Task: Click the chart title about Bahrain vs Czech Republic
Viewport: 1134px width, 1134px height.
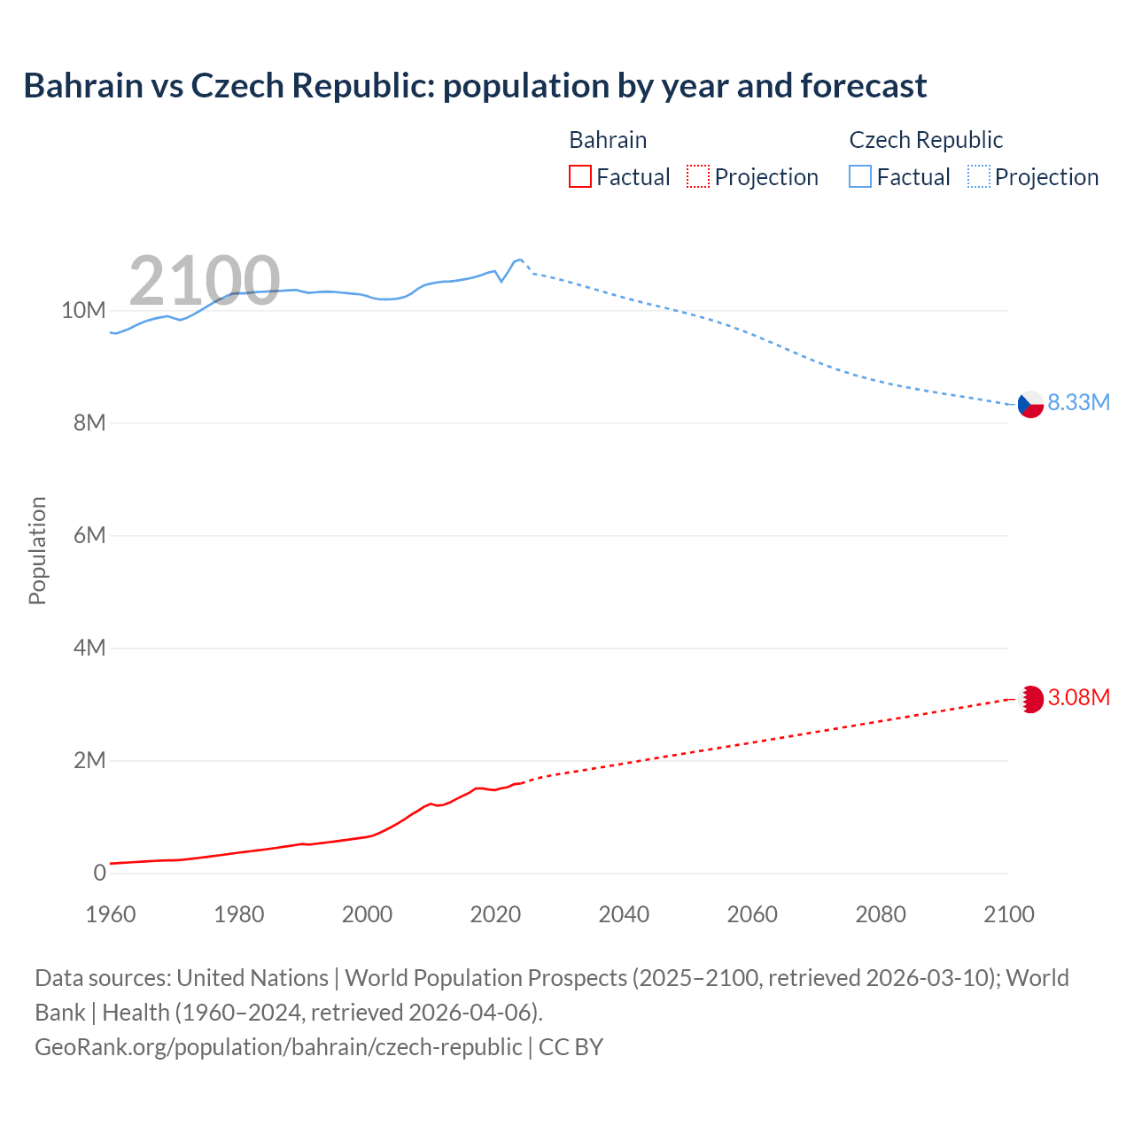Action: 475,86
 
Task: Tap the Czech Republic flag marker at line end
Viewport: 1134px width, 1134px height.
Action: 1030,404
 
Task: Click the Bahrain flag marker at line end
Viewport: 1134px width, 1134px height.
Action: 1030,699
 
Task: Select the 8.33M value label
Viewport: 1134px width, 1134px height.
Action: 1078,402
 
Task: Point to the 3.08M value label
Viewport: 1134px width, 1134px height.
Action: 1078,698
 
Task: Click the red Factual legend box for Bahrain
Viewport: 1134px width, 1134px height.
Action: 579,177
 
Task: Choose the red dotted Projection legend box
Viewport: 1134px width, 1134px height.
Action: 698,177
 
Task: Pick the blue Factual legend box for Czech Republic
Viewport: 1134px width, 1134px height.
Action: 860,177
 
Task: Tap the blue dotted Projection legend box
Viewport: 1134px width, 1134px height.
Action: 979,177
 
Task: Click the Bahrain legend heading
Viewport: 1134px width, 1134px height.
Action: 608,140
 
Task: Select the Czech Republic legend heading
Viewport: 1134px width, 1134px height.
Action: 926,140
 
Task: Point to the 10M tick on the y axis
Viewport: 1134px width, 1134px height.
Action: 83,311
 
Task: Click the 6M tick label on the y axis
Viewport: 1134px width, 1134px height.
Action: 89,536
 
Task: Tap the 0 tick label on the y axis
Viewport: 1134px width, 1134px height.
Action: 99,874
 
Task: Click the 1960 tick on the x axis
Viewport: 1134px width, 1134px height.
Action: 111,914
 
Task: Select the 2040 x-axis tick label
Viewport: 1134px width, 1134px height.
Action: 624,914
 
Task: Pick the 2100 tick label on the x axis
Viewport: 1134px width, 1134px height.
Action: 1009,914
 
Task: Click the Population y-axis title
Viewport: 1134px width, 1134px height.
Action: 37,550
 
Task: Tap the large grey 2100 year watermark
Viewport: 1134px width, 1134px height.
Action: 205,281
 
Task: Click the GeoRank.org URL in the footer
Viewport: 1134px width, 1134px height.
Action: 278,1047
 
